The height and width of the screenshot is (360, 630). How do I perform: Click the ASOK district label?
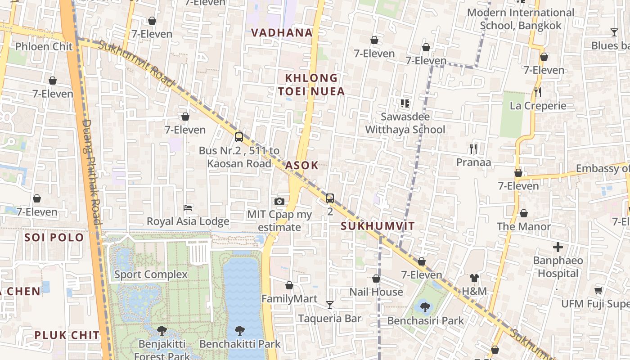[x=302, y=165]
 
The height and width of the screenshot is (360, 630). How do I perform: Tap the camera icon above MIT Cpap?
[x=279, y=201]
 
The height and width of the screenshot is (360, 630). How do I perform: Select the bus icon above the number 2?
[x=330, y=198]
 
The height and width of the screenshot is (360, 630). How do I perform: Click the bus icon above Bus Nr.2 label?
[x=239, y=137]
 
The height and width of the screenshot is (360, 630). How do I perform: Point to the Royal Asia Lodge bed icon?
[x=188, y=207]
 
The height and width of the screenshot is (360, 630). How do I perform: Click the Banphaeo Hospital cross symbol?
[x=558, y=247]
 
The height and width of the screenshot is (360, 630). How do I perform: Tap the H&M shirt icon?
[x=474, y=278]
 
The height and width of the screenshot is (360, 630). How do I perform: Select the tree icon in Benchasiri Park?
[x=425, y=307]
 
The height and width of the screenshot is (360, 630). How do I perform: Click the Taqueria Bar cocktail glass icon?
[x=330, y=305]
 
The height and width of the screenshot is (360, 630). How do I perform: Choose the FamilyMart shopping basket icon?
[x=289, y=285]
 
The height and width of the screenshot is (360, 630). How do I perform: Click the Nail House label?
[x=376, y=292]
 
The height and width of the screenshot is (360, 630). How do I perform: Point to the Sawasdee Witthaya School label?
[x=405, y=123]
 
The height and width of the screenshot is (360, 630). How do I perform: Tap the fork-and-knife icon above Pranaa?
[x=473, y=148]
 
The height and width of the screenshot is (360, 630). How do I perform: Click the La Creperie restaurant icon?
[x=538, y=92]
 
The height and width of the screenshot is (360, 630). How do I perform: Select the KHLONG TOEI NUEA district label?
[x=311, y=85]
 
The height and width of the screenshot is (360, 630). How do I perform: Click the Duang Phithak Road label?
[x=92, y=171]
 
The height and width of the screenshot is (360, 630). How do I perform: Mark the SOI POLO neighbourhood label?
[x=54, y=237]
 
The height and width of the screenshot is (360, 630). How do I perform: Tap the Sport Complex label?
[x=151, y=274]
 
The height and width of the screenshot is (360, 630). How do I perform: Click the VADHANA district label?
[x=282, y=32]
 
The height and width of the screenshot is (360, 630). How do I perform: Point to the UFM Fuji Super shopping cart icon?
[x=598, y=290]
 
